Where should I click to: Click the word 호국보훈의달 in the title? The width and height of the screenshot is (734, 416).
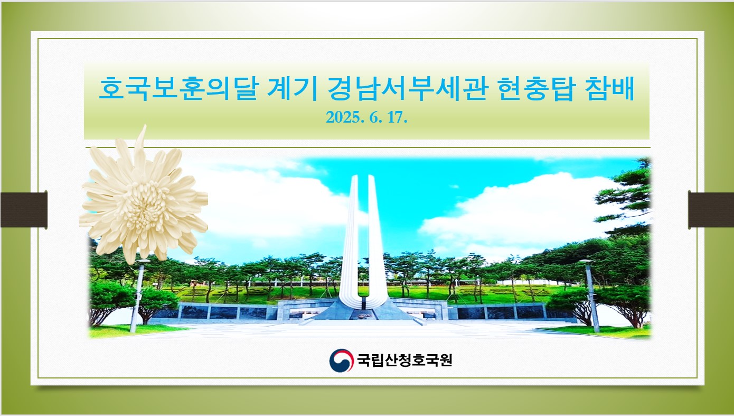click(179, 88)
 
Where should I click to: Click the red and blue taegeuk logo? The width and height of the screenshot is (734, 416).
click(342, 360)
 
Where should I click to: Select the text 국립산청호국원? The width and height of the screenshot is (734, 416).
click(404, 360)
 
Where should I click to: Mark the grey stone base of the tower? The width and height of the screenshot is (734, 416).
click(363, 310)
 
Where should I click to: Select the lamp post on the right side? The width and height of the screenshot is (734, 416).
click(590, 295)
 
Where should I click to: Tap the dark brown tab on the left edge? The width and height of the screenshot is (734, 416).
click(24, 210)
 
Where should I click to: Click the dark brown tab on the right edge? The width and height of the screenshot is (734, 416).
click(711, 210)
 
